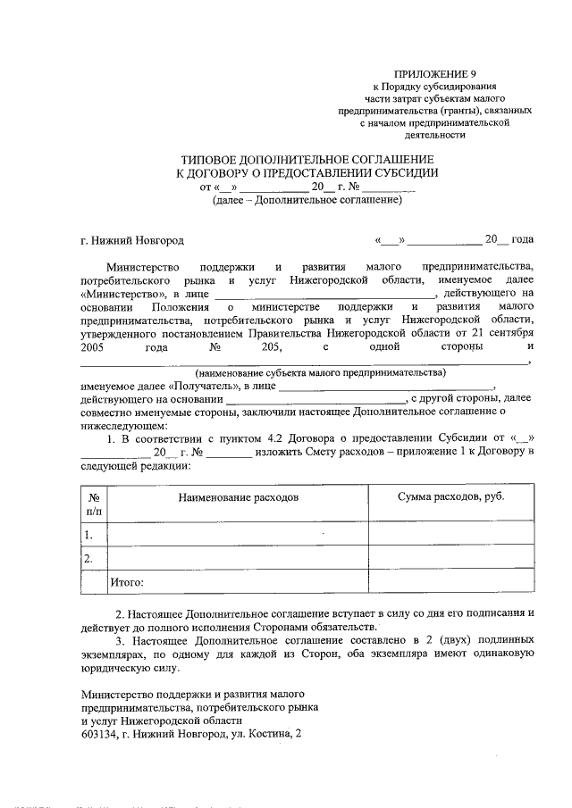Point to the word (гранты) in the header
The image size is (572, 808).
465,111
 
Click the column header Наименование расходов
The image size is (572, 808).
237,496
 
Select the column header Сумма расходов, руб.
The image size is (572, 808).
450,496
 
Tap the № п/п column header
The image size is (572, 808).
94,504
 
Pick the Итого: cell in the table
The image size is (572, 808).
127,582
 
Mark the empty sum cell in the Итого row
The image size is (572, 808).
451,582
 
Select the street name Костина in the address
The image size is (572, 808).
269,734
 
